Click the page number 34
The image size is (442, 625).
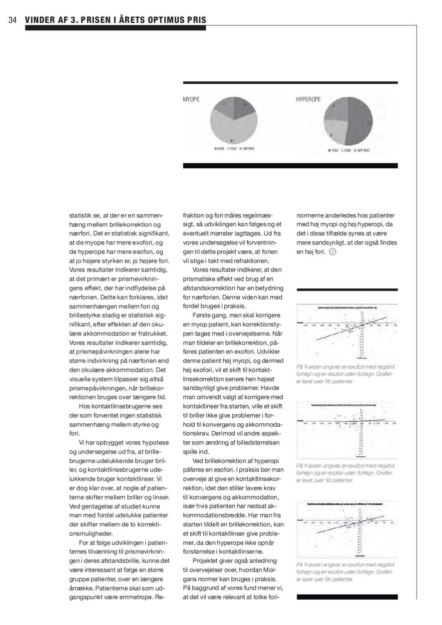point(12,20)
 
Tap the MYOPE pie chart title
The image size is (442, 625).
point(191,99)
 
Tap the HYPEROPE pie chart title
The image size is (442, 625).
point(308,99)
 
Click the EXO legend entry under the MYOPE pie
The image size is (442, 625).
point(232,149)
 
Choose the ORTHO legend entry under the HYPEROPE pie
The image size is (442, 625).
point(362,150)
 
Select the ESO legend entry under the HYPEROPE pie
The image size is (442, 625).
point(333,150)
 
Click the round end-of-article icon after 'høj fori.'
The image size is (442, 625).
point(332,252)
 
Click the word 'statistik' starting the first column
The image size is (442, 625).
point(80,215)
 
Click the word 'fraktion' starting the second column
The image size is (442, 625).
point(193,215)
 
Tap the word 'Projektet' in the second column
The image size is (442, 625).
point(206,560)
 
